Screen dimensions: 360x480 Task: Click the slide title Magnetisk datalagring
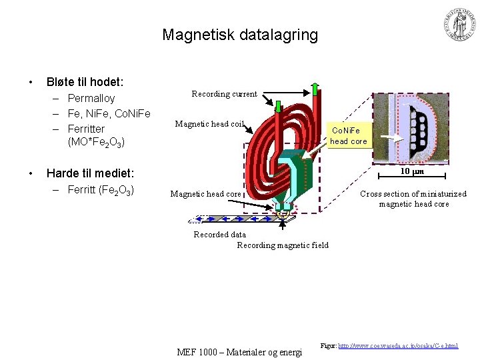(x=240, y=35)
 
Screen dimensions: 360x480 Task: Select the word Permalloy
(x=91, y=99)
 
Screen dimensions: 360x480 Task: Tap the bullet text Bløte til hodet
(x=85, y=82)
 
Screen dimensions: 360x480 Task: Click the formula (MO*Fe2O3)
(x=97, y=142)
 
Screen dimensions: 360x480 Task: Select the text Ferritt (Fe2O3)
(x=101, y=190)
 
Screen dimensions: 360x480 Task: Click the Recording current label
(x=224, y=94)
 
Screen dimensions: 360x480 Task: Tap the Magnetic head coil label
(x=210, y=123)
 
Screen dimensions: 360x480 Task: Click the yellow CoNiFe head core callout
(x=349, y=136)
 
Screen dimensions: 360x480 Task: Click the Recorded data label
(x=219, y=235)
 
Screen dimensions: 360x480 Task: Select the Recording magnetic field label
(x=283, y=245)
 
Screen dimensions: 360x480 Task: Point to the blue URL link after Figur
(x=398, y=347)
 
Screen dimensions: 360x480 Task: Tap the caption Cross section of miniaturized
(x=413, y=194)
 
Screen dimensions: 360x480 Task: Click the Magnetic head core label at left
(x=205, y=194)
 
